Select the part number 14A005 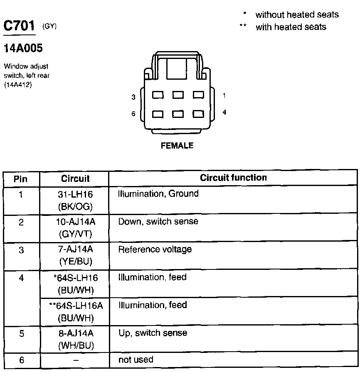23,49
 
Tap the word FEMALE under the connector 177,146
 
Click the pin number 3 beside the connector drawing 133,97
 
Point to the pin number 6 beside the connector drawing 133,113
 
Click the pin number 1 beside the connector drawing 224,96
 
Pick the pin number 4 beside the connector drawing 224,113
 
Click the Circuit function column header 233,178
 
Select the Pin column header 21,179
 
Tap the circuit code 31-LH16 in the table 75,194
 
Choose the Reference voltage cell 155,250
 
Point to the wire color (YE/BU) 75,262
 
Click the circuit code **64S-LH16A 76,306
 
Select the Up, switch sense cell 153,333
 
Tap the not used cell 136,360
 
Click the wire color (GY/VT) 75,234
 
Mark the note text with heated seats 291,27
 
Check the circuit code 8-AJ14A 75,333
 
